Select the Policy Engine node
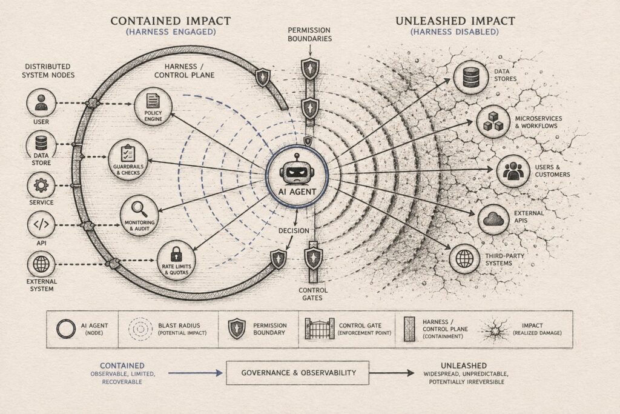pos(153,107)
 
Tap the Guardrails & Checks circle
pos(128,159)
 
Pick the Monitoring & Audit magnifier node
pos(139,215)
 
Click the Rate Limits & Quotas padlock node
pos(176,261)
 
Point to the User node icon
pos(41,103)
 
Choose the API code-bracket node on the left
pos(41,224)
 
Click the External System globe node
pos(41,264)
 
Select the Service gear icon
pos(41,185)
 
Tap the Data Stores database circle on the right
pos(471,77)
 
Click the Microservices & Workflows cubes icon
pos(493,121)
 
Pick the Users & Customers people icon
pos(513,171)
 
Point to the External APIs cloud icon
pos(493,219)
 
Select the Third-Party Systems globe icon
pos(464,259)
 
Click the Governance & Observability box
pos(297,373)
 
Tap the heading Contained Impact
pos(170,21)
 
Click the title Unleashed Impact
pos(455,21)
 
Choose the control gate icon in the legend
pos(320,329)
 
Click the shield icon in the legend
pos(237,329)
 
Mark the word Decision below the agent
pos(294,231)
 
